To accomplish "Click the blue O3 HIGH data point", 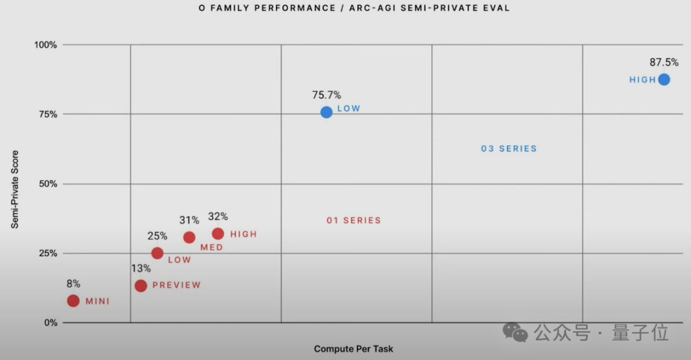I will pyautogui.click(x=664, y=79).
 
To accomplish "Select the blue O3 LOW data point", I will pyautogui.click(x=326, y=112).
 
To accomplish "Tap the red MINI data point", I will pyautogui.click(x=74, y=301).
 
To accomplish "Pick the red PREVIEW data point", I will pyautogui.click(x=141, y=285).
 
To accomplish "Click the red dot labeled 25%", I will pyautogui.click(x=157, y=253).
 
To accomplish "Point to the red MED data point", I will pyautogui.click(x=189, y=237).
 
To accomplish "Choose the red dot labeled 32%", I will pyautogui.click(x=218, y=234).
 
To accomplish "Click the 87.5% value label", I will pyautogui.click(x=664, y=63).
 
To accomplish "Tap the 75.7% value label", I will pyautogui.click(x=326, y=95).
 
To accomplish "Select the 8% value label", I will pyautogui.click(x=73, y=284).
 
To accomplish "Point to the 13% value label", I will pyautogui.click(x=141, y=269).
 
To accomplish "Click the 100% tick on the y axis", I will pyautogui.click(x=47, y=45).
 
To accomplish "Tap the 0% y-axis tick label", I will pyautogui.click(x=51, y=323).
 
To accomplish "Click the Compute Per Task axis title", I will pyautogui.click(x=353, y=349).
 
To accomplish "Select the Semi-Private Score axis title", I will pyautogui.click(x=14, y=190).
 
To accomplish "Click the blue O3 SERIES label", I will pyautogui.click(x=509, y=148).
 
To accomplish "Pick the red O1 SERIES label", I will pyautogui.click(x=353, y=220).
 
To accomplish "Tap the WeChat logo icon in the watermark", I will pyautogui.click(x=515, y=332).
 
